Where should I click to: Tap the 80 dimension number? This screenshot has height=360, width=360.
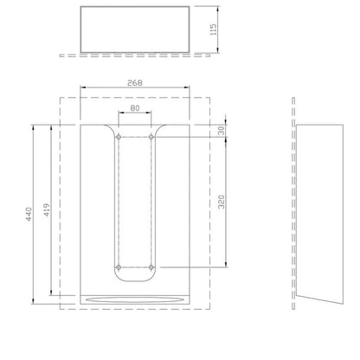(134, 110)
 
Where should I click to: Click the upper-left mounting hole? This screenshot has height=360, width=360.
(118, 137)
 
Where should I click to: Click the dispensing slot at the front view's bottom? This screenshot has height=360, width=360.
(134, 299)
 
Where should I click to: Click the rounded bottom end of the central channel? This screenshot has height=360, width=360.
(134, 283)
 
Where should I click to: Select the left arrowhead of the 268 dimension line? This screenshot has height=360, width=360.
(82, 88)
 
